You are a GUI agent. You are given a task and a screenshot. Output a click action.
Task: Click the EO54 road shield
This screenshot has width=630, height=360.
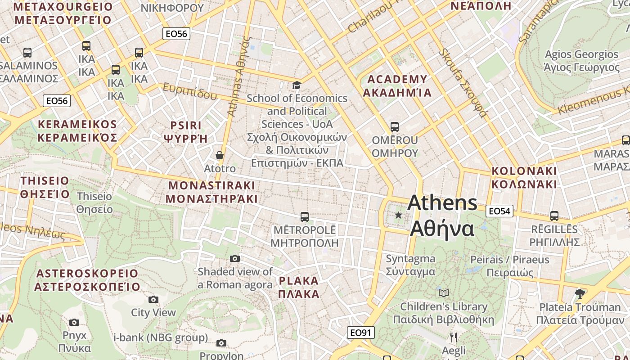[x=499, y=211]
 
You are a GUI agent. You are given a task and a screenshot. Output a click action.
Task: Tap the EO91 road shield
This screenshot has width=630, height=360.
[x=360, y=333]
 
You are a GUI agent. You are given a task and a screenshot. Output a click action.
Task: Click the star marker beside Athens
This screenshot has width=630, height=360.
[x=398, y=215]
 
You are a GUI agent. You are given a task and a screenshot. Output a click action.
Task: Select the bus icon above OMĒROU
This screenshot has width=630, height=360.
[x=395, y=126]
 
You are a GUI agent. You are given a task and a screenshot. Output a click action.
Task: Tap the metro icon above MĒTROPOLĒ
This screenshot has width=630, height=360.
[x=305, y=217]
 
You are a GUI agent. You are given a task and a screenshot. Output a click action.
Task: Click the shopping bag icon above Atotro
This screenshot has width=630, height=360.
[x=220, y=156]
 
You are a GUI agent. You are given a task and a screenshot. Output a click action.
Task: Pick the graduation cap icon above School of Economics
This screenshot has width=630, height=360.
[x=297, y=85]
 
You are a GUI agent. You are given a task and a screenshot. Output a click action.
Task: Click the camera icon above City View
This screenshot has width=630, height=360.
[x=153, y=299]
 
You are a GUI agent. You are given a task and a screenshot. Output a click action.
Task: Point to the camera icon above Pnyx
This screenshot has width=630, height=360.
[x=74, y=322]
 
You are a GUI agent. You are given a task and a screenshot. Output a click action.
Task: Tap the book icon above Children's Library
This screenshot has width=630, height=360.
[x=444, y=293]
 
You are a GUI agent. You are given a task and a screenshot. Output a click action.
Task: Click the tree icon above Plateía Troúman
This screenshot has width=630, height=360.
[x=580, y=294]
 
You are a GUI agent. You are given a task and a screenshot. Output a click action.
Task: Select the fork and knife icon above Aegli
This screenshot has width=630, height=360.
[x=454, y=337]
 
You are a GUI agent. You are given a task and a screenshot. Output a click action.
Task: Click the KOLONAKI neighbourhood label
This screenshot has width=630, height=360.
[x=524, y=177]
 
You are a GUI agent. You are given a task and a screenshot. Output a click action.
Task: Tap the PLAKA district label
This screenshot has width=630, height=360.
[x=299, y=288]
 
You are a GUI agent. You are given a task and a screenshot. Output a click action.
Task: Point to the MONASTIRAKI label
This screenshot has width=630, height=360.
[x=211, y=192]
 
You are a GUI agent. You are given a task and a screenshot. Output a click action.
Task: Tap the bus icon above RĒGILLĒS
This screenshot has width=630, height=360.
[x=554, y=216]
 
